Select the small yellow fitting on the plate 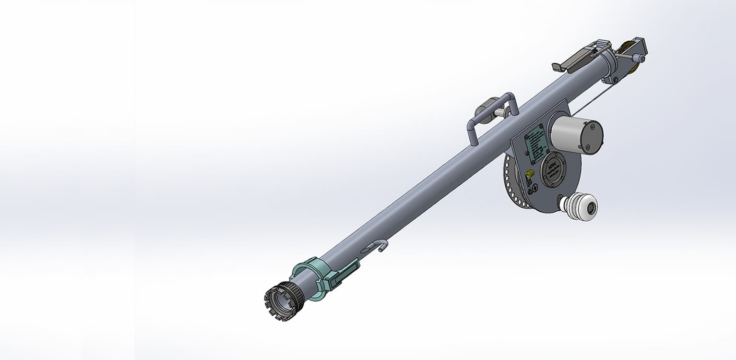coord(529,173)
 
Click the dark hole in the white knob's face coord(591,209)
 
